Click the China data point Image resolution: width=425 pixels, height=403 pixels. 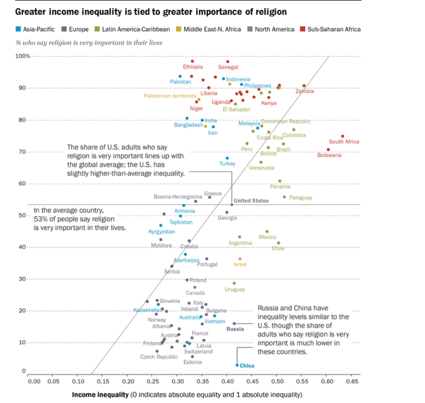(237, 365)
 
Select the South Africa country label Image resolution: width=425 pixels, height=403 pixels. (344, 142)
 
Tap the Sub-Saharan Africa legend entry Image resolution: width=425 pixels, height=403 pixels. (330, 29)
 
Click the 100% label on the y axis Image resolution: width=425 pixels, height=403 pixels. (23, 56)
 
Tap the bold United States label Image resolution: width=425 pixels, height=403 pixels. (251, 201)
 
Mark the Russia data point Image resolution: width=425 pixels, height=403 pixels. (234, 323)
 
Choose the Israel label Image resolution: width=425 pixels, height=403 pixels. (240, 264)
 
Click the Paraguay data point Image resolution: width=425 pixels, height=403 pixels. (284, 197)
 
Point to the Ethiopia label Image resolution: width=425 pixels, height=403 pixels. (193, 67)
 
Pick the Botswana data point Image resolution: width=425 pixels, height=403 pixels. (328, 149)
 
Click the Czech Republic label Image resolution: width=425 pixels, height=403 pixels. (159, 357)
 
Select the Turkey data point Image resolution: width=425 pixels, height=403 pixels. (227, 158)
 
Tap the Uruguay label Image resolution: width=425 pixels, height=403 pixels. (235, 290)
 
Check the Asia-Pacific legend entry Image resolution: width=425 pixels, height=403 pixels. (36, 29)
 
